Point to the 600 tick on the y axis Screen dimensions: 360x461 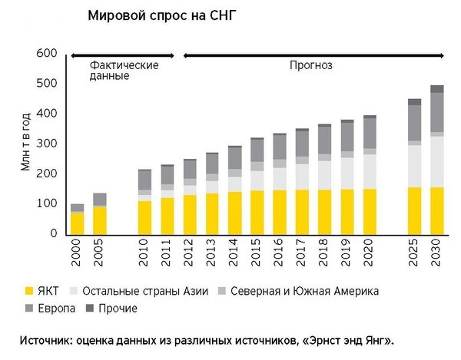click(x=47, y=53)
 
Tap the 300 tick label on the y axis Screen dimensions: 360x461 click(x=47, y=144)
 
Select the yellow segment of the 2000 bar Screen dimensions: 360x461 click(x=77, y=223)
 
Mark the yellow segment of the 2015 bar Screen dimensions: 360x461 click(x=257, y=212)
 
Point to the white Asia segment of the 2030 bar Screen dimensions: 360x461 click(x=436, y=162)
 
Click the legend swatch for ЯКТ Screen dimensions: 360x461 click(x=30, y=291)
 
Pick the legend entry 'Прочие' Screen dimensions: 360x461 click(x=118, y=309)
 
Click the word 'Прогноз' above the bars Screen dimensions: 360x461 click(x=310, y=65)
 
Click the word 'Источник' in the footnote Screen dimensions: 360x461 click(x=44, y=339)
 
